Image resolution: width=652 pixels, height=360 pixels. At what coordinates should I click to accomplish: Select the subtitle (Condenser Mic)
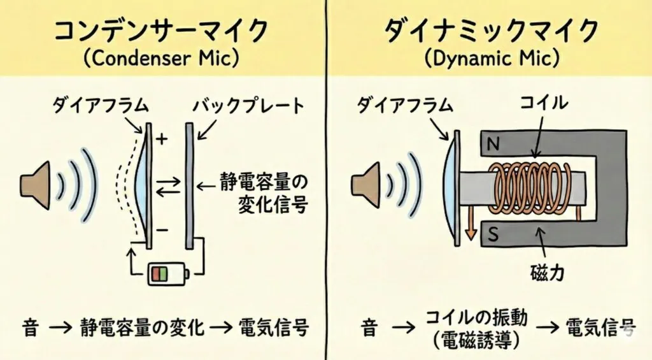(160, 59)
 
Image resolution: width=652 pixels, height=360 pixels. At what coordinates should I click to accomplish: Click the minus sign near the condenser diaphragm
(161, 229)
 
